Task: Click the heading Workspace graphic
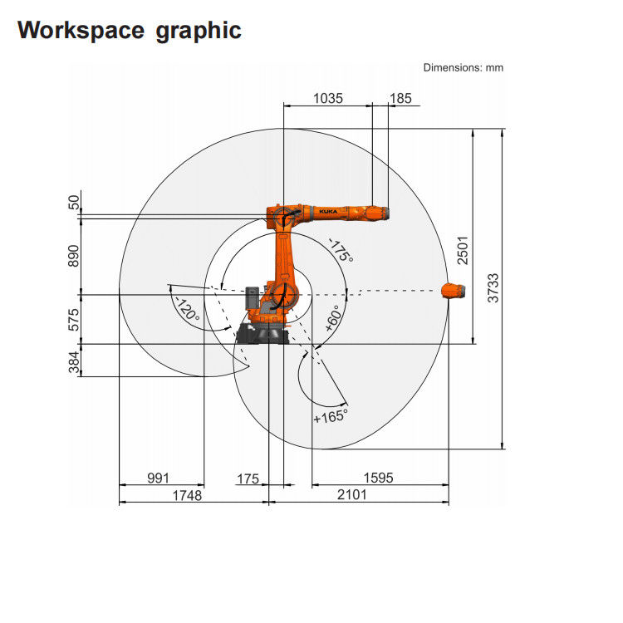click(x=130, y=31)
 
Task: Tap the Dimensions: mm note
click(x=463, y=67)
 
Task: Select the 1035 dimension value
click(x=327, y=98)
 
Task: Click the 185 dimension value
click(x=400, y=98)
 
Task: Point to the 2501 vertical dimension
click(x=464, y=248)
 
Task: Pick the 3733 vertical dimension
click(x=493, y=287)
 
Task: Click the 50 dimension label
click(x=74, y=202)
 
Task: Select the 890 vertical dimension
click(x=74, y=256)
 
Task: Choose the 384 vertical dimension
click(x=74, y=361)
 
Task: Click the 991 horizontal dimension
click(x=158, y=478)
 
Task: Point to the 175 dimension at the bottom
click(x=248, y=478)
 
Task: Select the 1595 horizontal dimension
click(x=378, y=478)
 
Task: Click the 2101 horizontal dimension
click(x=352, y=495)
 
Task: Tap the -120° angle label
click(x=186, y=308)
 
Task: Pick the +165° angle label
click(x=330, y=416)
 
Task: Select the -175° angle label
click(x=341, y=250)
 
